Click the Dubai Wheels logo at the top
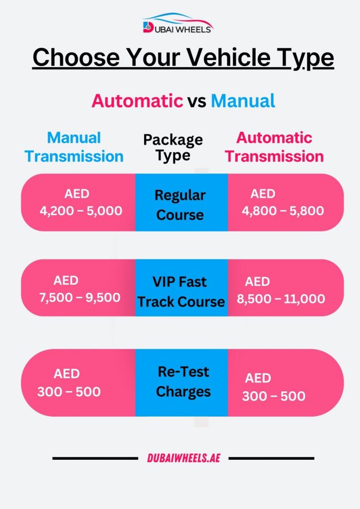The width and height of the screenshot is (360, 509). (x=178, y=24)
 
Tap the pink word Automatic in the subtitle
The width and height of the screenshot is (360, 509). (x=137, y=101)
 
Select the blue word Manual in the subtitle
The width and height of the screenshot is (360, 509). (x=243, y=101)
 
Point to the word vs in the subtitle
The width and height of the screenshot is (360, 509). (x=197, y=101)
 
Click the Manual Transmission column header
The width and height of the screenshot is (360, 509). (x=74, y=147)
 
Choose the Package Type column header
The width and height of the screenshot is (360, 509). (x=173, y=147)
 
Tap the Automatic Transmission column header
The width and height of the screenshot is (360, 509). (x=274, y=147)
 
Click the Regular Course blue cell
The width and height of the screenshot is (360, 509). (x=181, y=204)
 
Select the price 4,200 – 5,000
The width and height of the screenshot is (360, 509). (x=81, y=211)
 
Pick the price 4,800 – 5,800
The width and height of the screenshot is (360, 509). (x=283, y=211)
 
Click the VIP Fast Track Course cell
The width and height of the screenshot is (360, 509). (x=181, y=291)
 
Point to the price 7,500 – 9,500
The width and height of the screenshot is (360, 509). (x=80, y=297)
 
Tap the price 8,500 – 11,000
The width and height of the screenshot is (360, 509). (x=284, y=299)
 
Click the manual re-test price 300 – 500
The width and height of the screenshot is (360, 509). (x=69, y=392)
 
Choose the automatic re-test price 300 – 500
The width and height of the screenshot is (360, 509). (x=273, y=396)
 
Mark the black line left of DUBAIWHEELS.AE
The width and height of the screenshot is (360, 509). (x=94, y=458)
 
